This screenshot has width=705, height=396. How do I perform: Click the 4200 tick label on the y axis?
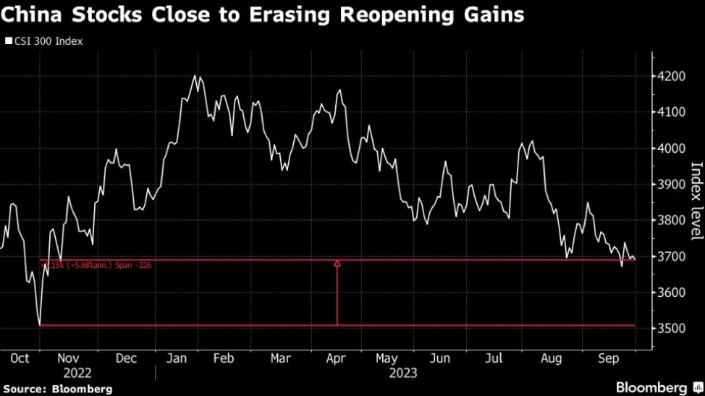coord(671,77)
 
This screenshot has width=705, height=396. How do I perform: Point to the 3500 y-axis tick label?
coord(671,329)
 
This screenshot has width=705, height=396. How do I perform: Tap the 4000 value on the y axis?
coord(671,148)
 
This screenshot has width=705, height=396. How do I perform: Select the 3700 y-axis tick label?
coord(671,257)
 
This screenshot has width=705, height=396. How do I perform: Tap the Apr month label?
coord(336,358)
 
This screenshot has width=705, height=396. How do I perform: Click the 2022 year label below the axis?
coord(77,373)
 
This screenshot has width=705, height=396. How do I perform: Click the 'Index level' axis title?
coord(696,201)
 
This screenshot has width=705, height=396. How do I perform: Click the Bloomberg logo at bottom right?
coord(652,387)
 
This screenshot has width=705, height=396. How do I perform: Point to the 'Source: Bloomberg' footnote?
coord(57,389)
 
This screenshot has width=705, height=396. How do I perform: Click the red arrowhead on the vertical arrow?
coord(337,264)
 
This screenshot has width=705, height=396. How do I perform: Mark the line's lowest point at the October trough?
coord(40,324)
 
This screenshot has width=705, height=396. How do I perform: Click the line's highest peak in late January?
coord(195,75)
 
